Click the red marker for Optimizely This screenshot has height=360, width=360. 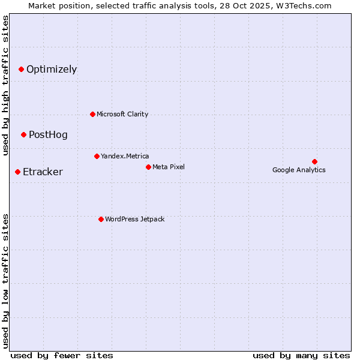[x=21, y=70]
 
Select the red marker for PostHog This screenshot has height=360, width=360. [x=23, y=135]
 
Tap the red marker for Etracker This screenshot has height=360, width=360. [x=17, y=172]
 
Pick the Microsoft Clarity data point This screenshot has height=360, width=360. [x=92, y=114]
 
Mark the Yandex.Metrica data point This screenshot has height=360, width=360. [x=97, y=157]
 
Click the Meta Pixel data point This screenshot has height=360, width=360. [x=148, y=167]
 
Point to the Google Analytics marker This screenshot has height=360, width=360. [x=314, y=161]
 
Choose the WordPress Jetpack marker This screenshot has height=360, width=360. [x=101, y=219]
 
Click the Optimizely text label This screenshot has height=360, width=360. [x=52, y=70]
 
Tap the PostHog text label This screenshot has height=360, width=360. [x=48, y=135]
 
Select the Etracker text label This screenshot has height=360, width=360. [x=43, y=172]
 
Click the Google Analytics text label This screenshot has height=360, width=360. [x=299, y=170]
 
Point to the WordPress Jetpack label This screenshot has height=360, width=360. [x=134, y=219]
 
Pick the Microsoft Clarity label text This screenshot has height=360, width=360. [x=122, y=114]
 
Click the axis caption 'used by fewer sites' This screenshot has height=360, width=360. [x=62, y=355]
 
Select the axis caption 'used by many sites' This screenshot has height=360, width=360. [x=301, y=355]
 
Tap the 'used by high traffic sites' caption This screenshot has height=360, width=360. [x=5, y=85]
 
